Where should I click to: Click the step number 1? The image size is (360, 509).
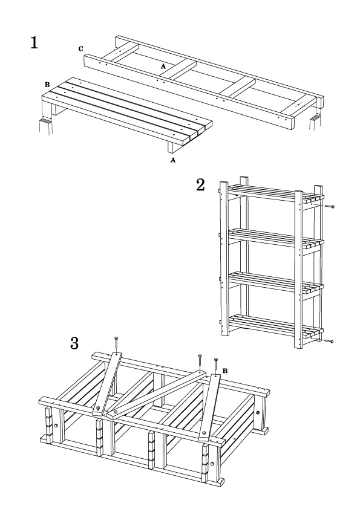click(34, 42)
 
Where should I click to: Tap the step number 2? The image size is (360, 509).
click(200, 185)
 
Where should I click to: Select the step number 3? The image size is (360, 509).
click(74, 343)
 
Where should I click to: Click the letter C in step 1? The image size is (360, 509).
click(80, 49)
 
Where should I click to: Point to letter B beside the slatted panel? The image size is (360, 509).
click(47, 85)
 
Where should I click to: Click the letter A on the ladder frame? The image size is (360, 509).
click(163, 66)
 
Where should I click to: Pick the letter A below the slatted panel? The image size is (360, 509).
click(173, 160)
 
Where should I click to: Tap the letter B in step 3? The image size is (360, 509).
click(225, 371)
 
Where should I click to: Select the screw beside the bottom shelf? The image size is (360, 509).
click(328, 341)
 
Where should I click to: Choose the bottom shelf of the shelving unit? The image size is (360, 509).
click(275, 326)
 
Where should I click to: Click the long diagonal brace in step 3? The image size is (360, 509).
click(157, 394)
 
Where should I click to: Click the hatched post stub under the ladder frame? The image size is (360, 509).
click(315, 123)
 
